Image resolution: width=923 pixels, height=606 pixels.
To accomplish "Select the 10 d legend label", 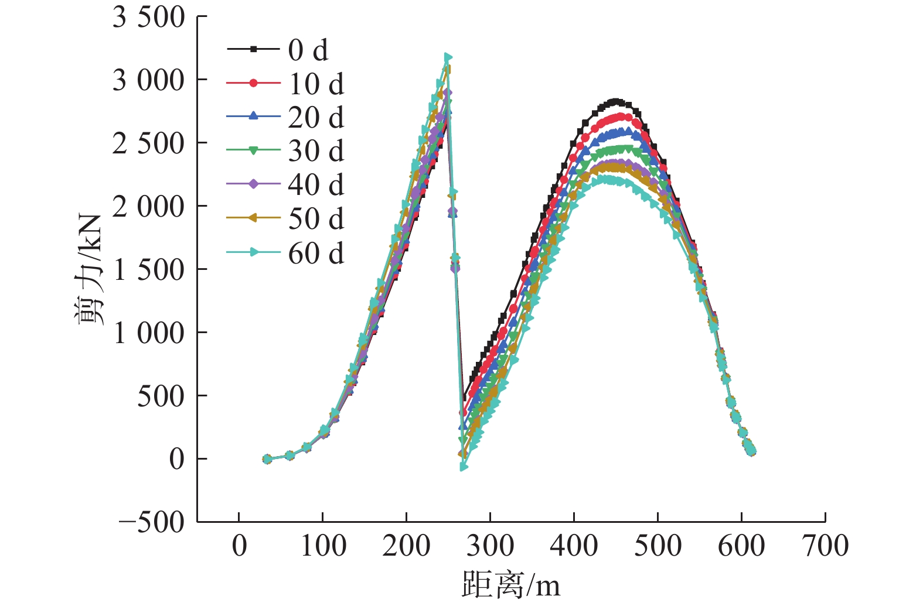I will pyautogui.click(x=316, y=84).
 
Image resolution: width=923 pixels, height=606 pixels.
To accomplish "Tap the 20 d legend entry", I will pyautogui.click(x=316, y=117).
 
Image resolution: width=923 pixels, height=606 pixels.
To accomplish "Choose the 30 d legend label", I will pyautogui.click(x=316, y=151).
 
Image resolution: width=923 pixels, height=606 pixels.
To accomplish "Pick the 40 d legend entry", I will pyautogui.click(x=316, y=185).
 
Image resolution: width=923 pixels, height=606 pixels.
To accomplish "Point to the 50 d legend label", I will pyautogui.click(x=316, y=219).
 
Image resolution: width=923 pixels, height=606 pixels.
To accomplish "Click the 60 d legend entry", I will pyautogui.click(x=316, y=253).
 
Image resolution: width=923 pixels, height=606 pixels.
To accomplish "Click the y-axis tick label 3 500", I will pyautogui.click(x=148, y=17).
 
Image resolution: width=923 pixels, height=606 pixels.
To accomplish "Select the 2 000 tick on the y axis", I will pyautogui.click(x=148, y=206).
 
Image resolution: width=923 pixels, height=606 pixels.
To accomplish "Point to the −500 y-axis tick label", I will pyautogui.click(x=152, y=522).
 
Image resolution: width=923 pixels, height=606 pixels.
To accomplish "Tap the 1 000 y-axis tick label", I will pyautogui.click(x=148, y=333).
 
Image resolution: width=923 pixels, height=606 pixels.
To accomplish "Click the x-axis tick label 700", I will pyautogui.click(x=825, y=546).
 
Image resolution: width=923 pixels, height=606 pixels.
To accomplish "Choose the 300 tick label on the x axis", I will pyautogui.click(x=490, y=546).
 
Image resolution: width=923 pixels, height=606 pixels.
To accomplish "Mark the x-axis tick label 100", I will pyautogui.click(x=322, y=546).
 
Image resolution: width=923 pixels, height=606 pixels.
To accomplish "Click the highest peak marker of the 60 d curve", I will pyautogui.click(x=448, y=57).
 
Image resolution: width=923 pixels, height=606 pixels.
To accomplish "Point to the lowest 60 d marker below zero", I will pyautogui.click(x=464, y=467).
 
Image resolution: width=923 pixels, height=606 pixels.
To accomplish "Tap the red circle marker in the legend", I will pyautogui.click(x=253, y=83).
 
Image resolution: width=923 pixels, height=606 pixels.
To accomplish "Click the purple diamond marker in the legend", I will pyautogui.click(x=253, y=184).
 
